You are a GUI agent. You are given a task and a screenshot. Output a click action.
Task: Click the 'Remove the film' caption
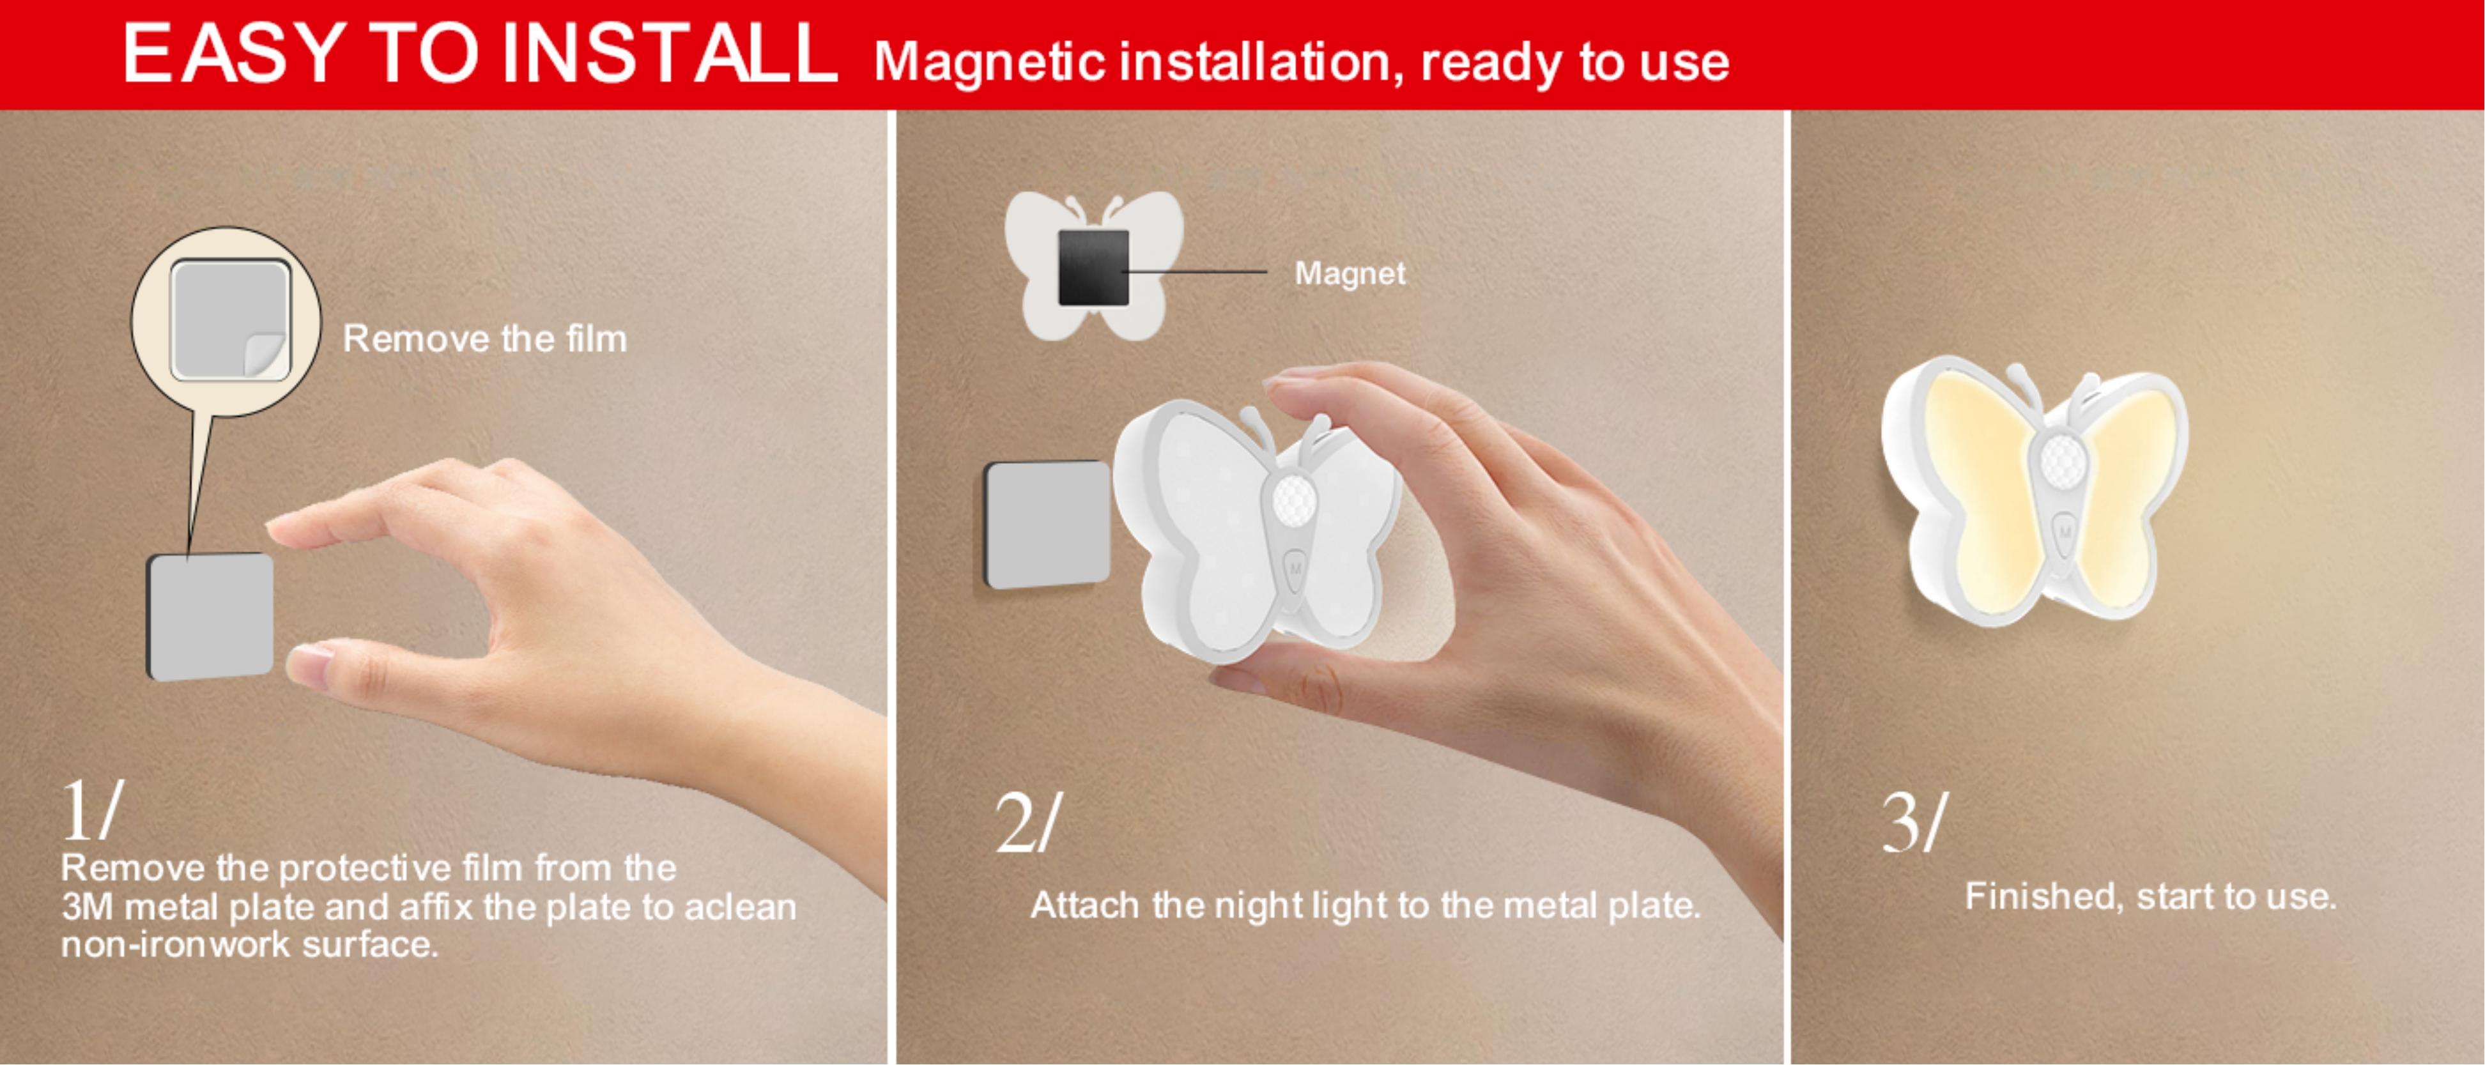tap(484, 339)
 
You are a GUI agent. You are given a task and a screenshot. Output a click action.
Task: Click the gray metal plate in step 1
tap(210, 615)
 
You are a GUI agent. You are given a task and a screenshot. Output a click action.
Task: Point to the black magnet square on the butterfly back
tap(1093, 267)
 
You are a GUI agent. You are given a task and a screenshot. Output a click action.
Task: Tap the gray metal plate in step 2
tap(1047, 524)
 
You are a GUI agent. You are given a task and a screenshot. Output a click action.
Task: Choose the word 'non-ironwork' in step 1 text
tap(176, 944)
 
